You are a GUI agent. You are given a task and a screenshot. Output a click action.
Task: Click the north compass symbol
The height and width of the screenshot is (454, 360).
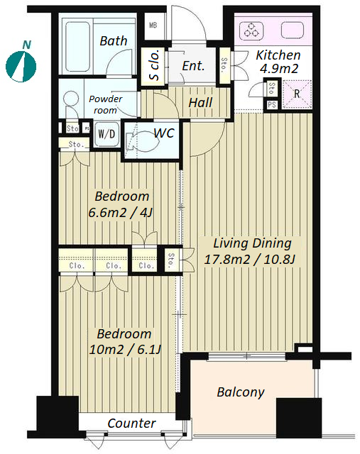click(21, 66)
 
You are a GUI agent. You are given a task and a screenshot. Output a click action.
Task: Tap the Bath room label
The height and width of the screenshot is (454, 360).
click(114, 41)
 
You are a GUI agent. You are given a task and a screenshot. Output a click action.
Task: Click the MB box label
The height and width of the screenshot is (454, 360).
click(153, 26)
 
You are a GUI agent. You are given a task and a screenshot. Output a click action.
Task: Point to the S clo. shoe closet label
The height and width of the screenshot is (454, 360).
click(154, 65)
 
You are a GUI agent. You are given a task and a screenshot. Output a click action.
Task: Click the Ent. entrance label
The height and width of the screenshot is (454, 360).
click(193, 66)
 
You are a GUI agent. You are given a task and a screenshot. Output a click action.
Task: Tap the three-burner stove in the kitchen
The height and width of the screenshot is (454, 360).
click(251, 31)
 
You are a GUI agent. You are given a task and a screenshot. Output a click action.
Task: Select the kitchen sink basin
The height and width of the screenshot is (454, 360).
click(292, 31)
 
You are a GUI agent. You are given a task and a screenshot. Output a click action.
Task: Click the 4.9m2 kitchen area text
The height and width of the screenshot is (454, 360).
click(279, 69)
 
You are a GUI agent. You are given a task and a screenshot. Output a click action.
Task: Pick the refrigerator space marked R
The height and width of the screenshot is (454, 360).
click(297, 94)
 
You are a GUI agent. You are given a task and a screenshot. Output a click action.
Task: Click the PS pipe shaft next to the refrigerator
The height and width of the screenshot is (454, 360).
click(271, 104)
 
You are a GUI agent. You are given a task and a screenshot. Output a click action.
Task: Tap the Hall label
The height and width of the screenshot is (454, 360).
click(200, 103)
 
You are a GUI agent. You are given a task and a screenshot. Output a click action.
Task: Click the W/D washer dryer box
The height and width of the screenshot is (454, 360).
click(107, 134)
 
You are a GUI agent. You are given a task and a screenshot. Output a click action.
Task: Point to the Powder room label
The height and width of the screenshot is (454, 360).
click(106, 104)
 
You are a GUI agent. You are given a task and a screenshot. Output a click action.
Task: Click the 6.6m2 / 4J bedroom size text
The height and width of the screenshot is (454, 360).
click(120, 214)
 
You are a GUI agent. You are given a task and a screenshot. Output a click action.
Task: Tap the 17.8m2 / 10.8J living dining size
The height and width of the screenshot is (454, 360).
click(249, 260)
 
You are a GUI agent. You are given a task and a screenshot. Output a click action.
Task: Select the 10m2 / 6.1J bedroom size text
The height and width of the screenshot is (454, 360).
click(125, 350)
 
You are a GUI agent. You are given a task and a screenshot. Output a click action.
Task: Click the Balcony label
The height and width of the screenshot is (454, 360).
click(241, 392)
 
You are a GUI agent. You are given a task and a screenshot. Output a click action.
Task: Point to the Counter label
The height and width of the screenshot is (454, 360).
click(131, 423)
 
